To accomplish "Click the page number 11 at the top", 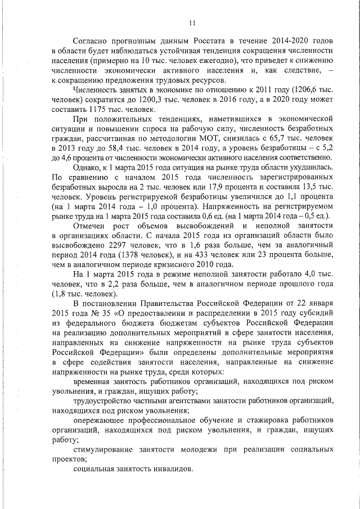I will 192,23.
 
